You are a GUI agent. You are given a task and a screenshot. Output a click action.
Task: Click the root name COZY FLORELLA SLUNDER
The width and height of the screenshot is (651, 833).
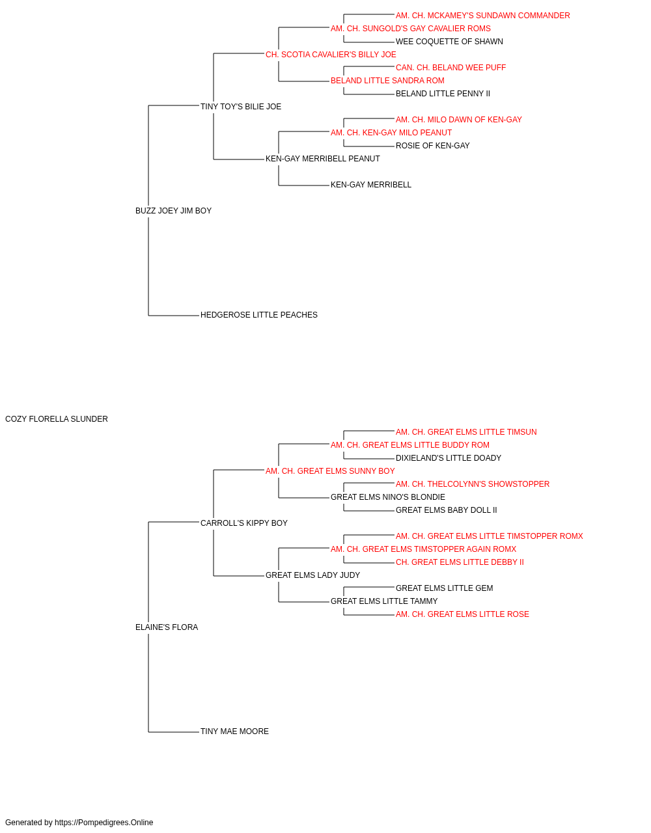(x=57, y=419)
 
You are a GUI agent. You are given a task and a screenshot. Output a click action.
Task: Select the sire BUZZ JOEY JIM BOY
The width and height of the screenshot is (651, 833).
(x=173, y=211)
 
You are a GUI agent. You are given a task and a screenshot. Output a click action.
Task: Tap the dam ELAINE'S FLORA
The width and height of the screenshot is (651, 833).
(x=167, y=627)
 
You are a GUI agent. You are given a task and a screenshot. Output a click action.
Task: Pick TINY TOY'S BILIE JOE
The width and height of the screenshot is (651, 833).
(x=241, y=107)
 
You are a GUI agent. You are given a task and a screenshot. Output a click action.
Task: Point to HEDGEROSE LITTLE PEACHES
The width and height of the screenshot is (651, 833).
(x=259, y=315)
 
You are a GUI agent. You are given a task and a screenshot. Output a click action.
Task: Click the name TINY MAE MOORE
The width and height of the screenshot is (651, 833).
(x=234, y=731)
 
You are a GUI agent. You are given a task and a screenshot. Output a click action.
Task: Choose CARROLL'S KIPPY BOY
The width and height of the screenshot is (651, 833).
(x=244, y=523)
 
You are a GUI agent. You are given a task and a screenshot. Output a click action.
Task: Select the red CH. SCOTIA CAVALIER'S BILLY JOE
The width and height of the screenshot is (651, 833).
(x=331, y=55)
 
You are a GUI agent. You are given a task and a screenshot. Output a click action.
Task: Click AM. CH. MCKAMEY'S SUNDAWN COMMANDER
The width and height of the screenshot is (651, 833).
(x=482, y=16)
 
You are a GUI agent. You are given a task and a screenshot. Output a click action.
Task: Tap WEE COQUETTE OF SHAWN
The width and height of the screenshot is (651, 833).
(x=449, y=42)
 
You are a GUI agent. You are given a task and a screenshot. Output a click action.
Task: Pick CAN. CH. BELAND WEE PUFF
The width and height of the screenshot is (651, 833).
(x=450, y=68)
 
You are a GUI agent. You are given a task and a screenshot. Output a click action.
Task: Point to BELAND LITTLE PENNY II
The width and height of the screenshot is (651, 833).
(x=443, y=94)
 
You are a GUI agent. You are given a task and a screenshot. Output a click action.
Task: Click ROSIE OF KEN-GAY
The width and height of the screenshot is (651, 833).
(x=432, y=146)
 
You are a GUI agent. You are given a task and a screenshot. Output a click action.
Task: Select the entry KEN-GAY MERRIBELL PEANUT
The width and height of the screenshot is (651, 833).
(x=322, y=159)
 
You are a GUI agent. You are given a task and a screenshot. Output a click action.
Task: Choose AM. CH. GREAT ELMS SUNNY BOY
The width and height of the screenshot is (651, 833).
(x=330, y=471)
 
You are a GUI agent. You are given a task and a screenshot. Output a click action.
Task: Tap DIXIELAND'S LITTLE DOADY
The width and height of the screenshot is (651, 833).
(x=448, y=458)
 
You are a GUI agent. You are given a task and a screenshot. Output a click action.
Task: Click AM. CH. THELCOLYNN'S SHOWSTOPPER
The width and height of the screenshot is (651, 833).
(x=473, y=484)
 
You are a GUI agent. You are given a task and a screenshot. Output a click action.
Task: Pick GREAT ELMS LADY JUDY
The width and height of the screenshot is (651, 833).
(x=312, y=575)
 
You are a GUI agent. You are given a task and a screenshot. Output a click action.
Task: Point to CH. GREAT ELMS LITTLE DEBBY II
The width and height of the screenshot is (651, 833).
(x=460, y=562)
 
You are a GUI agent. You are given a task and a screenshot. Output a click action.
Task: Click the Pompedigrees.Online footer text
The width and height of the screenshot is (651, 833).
(x=79, y=823)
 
